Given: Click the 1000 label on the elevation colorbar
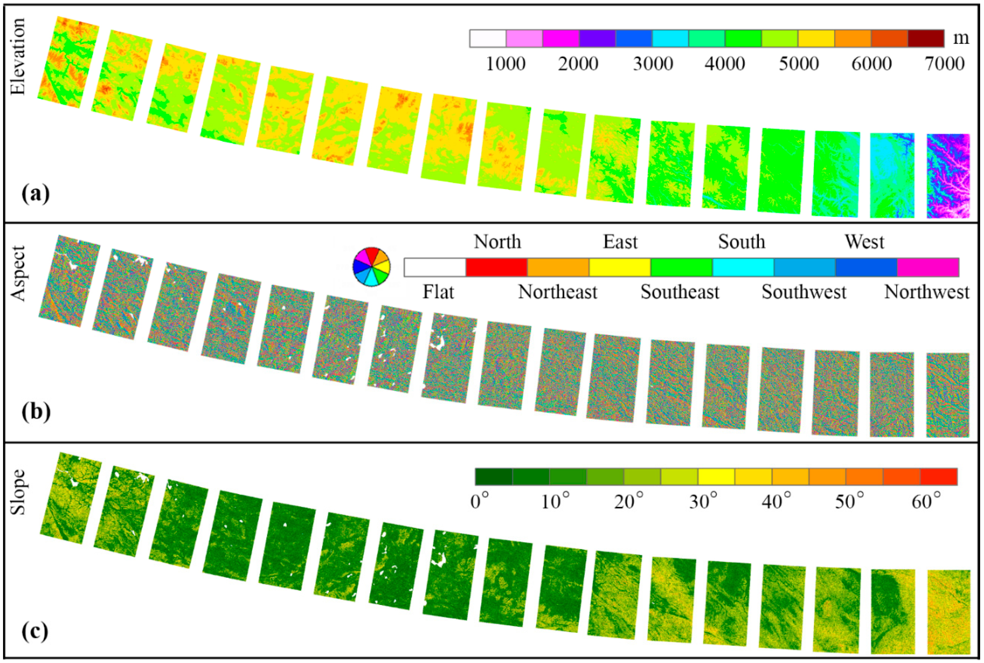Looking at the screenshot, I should pos(505,64).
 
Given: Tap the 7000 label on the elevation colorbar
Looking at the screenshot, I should pos(944,64).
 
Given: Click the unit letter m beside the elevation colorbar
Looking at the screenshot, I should pos(961,38).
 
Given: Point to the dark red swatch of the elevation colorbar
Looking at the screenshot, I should pos(926,38).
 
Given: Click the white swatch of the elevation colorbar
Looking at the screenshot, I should pos(487,38).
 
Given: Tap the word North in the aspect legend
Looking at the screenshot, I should pos(497,242).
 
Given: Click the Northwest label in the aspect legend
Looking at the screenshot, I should pos(926,292).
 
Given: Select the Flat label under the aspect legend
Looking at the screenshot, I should pos(438,292).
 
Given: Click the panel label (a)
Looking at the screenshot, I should pos(35,194).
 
